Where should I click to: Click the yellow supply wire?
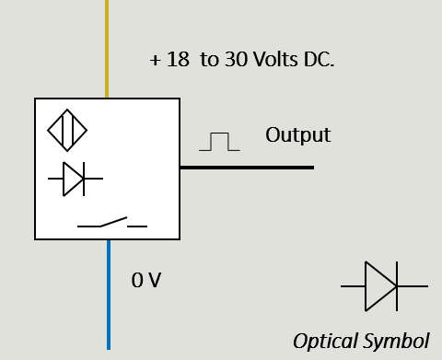[107, 49]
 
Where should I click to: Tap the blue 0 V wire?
[109, 295]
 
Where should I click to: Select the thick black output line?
[247, 168]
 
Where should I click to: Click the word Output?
[298, 135]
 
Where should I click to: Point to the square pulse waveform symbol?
[219, 142]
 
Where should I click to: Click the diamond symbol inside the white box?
[67, 130]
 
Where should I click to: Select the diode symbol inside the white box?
[76, 179]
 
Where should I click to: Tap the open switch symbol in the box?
[112, 222]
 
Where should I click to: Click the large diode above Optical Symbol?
[384, 286]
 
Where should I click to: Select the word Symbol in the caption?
[396, 341]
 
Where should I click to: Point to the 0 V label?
[146, 280]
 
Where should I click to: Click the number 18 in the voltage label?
[178, 59]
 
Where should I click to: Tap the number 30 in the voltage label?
[236, 59]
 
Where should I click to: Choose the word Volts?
[276, 59]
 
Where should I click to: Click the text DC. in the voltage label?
[319, 59]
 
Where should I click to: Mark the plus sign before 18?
[156, 60]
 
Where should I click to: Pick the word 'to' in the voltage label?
[209, 60]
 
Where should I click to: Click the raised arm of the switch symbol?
[113, 222]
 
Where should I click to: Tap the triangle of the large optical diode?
[380, 286]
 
